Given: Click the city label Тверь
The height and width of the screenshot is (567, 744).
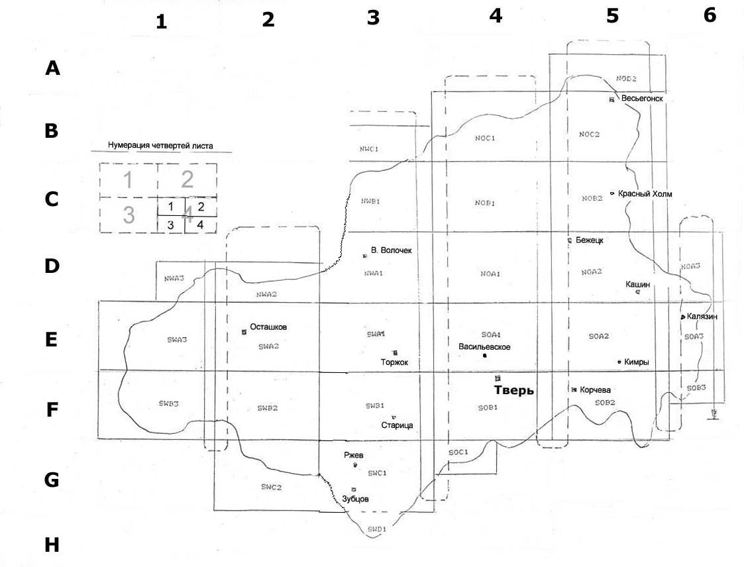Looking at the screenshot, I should pyautogui.click(x=513, y=390).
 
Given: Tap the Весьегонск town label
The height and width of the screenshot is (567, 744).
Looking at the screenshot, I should pyautogui.click(x=643, y=99).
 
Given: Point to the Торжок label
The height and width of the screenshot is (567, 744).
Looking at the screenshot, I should pyautogui.click(x=395, y=362).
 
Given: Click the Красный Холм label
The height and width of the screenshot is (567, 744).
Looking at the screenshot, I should pyautogui.click(x=645, y=194).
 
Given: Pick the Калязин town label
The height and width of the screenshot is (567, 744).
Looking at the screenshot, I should pyautogui.click(x=702, y=317).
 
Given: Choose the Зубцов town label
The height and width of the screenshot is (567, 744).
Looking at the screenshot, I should pyautogui.click(x=355, y=499).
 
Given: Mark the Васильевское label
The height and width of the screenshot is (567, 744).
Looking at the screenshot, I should pyautogui.click(x=484, y=346).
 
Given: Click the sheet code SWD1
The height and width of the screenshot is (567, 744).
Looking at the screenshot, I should pyautogui.click(x=376, y=529).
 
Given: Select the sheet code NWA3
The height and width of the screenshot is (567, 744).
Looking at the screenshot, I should pyautogui.click(x=174, y=279).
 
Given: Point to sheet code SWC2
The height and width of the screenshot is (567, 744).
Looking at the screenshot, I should pyautogui.click(x=271, y=487).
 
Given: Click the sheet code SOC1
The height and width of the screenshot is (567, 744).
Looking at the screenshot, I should pyautogui.click(x=458, y=452).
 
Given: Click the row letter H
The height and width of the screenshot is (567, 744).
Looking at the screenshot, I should pyautogui.click(x=52, y=545).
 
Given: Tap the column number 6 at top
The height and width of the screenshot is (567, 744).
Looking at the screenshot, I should pyautogui.click(x=710, y=16).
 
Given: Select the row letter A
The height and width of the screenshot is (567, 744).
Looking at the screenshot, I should pyautogui.click(x=52, y=68).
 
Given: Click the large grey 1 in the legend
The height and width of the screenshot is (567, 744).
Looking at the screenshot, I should pyautogui.click(x=129, y=179).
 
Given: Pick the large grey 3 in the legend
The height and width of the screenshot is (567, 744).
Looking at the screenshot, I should pyautogui.click(x=129, y=215).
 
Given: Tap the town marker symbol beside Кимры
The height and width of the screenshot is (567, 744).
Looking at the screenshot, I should pyautogui.click(x=619, y=362).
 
